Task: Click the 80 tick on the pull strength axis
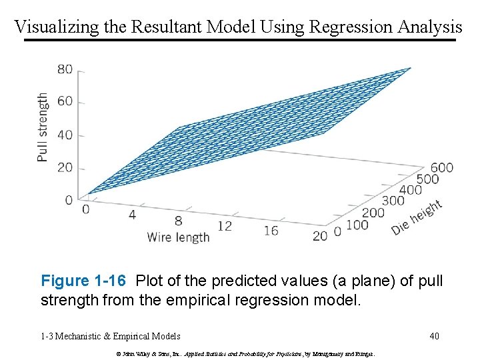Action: [x=65, y=69]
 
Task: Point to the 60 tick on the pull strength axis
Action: [x=65, y=102]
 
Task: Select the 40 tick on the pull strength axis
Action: [x=65, y=135]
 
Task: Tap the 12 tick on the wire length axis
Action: [x=225, y=225]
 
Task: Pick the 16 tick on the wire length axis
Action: [x=271, y=230]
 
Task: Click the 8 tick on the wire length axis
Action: [x=178, y=220]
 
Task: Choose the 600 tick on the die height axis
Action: [x=441, y=167]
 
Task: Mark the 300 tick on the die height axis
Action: [x=393, y=200]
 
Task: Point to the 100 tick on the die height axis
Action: [x=357, y=225]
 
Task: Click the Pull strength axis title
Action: [x=43, y=127]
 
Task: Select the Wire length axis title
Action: [x=178, y=237]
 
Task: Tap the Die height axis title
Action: [x=417, y=217]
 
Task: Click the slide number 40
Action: [x=434, y=336]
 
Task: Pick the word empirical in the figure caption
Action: [x=225, y=299]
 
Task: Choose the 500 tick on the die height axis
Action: [x=427, y=179]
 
